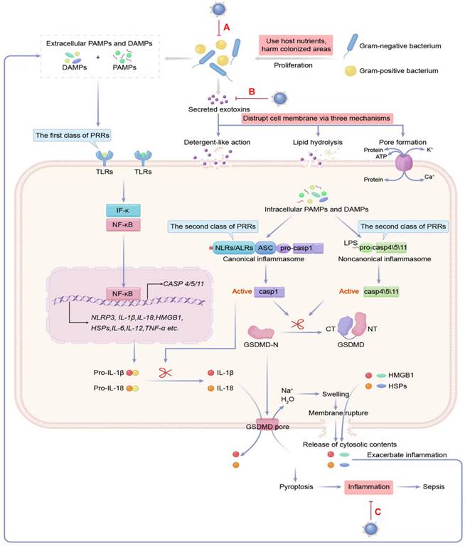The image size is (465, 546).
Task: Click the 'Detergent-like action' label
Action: [218, 143]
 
